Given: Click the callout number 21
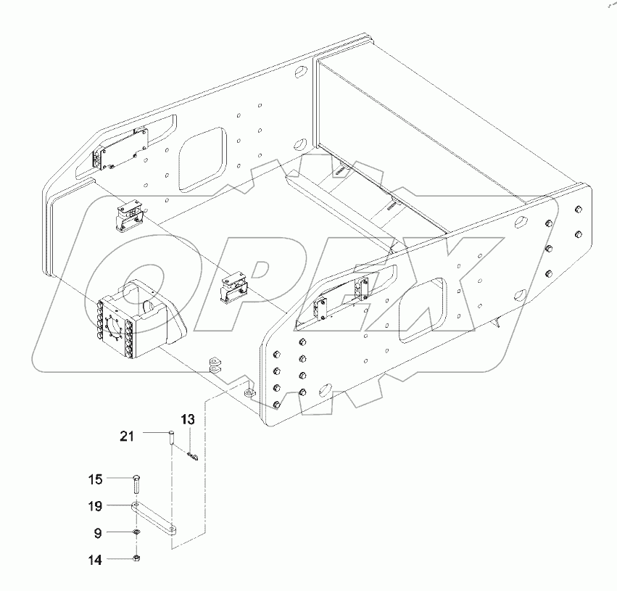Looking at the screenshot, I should pyautogui.click(x=127, y=436).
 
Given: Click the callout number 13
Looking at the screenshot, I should pyautogui.click(x=188, y=420).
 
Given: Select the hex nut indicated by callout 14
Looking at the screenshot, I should pyautogui.click(x=138, y=559).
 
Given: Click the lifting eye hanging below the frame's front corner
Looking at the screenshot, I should pyautogui.click(x=249, y=392).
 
